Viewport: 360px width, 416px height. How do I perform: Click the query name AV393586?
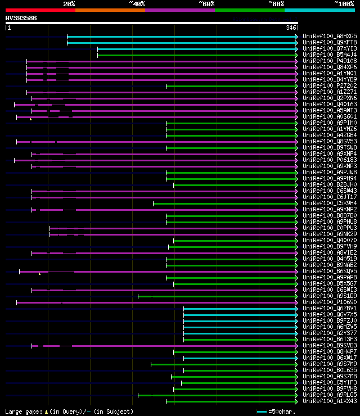coord(21,18)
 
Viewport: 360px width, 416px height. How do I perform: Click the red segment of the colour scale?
coord(40,10)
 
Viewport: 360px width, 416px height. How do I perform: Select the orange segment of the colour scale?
coord(110,10)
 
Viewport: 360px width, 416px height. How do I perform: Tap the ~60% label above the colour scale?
coord(206,3)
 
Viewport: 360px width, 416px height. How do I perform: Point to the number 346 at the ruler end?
coord(291,27)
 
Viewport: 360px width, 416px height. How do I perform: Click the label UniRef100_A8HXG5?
coord(330,37)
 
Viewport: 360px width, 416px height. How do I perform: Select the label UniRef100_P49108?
coord(330,61)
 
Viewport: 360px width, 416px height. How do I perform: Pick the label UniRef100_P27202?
coord(330,86)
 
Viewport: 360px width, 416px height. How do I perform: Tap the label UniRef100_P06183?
coord(330,160)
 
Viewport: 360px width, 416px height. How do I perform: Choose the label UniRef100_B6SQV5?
coord(330,272)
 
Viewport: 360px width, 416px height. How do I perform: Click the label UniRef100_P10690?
coord(330,302)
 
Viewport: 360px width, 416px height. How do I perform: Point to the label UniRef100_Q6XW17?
coord(330,358)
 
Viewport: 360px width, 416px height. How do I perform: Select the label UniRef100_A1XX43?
coord(330,401)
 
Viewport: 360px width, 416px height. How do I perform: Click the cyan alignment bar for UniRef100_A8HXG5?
coord(180,37)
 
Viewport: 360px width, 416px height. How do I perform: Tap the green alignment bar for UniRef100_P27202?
coord(231,86)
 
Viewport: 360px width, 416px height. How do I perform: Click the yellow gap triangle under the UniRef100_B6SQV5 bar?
coord(40,274)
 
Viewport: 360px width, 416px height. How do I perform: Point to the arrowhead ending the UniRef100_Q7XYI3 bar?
coord(296,49)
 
